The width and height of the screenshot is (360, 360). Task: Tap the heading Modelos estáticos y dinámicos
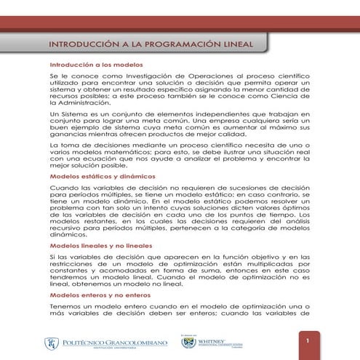[92, 177]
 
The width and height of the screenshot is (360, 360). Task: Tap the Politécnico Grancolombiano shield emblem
[52, 343]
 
